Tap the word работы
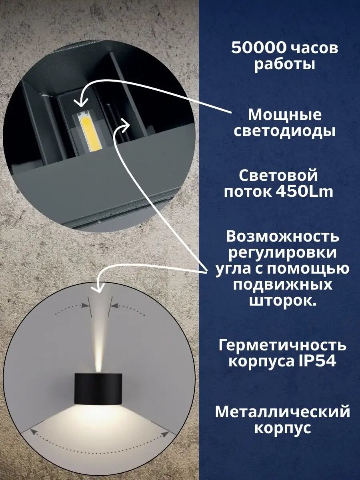point(284,64)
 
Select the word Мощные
point(284,115)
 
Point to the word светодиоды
point(284,131)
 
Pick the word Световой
point(278,175)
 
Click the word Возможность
point(283,236)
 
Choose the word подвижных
point(282,285)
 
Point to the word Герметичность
point(282,345)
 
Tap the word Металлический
point(282,412)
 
